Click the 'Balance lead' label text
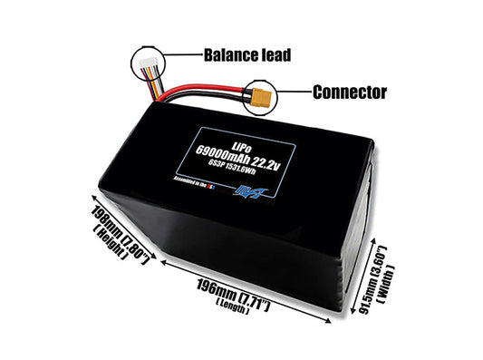[247, 54]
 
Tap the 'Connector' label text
[349, 92]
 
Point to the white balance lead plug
[147, 64]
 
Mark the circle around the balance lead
[147, 63]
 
